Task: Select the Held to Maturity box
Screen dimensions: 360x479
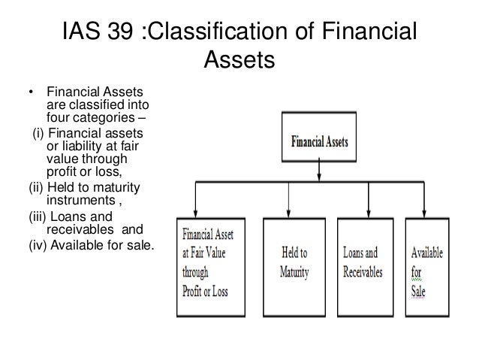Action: [290, 257]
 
